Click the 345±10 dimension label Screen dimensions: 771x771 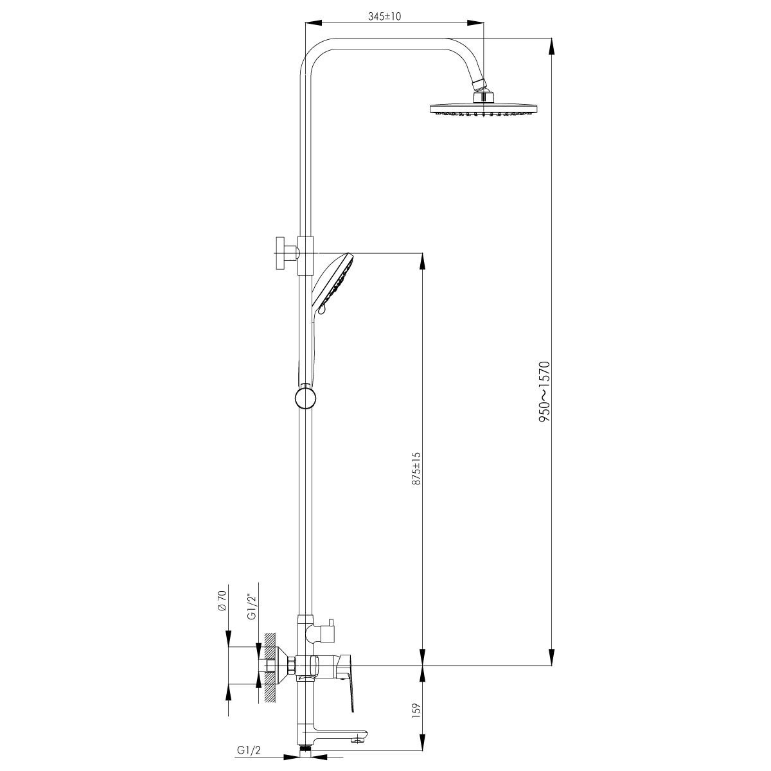[384, 17]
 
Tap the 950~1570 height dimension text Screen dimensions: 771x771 [545, 392]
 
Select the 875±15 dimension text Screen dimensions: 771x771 [417, 468]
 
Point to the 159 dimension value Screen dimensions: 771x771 [416, 709]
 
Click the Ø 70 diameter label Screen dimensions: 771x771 [222, 601]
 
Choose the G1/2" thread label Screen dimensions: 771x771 [251, 607]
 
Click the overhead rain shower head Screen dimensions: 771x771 [484, 105]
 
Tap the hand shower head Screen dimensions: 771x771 [333, 283]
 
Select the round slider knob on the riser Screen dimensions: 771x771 [306, 398]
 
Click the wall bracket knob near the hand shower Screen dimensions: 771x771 [285, 253]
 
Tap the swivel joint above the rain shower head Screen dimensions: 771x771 [480, 85]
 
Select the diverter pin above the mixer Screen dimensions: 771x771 [330, 623]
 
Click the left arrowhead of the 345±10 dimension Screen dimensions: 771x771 [314, 22]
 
